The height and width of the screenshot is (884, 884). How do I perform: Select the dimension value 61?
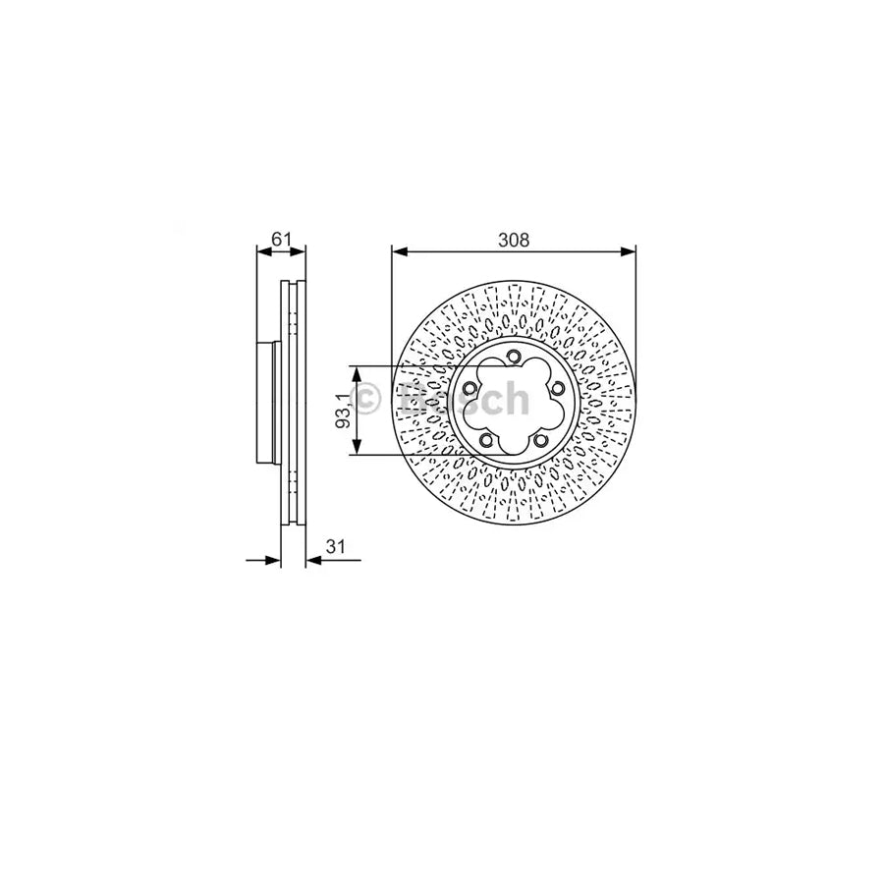pyautogui.click(x=282, y=239)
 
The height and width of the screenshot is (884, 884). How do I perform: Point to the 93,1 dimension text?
pyautogui.click(x=341, y=410)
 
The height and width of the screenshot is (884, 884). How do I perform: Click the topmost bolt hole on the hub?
pyautogui.click(x=513, y=357)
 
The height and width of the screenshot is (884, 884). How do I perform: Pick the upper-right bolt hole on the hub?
pyautogui.click(x=557, y=389)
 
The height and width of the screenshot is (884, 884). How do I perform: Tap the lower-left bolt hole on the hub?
pyautogui.click(x=485, y=440)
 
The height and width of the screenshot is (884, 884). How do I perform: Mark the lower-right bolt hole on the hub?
pyautogui.click(x=540, y=441)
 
